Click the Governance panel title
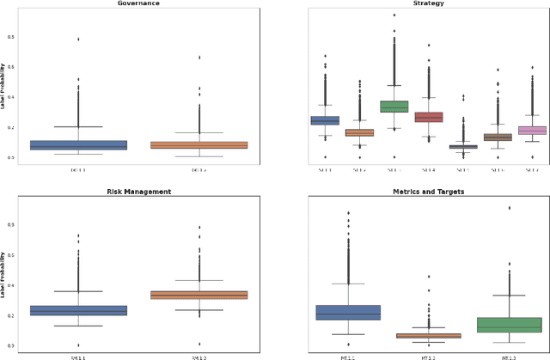tap(138, 3)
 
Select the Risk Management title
tap(138, 191)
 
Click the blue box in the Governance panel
tap(78, 145)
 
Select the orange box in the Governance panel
tap(199, 145)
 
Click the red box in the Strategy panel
tap(428, 117)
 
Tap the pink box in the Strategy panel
tap(533, 131)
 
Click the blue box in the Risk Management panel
tap(78, 310)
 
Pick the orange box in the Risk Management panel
tap(199, 295)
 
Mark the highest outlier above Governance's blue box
tap(78, 39)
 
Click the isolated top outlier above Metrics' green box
tap(509, 207)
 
